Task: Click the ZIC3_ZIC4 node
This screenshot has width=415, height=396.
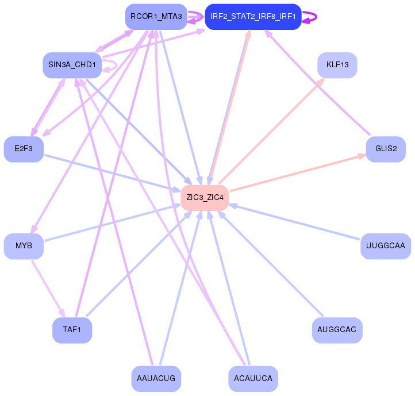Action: [x=205, y=197]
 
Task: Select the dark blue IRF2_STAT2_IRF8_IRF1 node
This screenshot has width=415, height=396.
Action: [x=253, y=17]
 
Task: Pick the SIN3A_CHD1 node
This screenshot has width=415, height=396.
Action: [x=72, y=65]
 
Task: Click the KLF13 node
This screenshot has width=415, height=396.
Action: [x=337, y=65]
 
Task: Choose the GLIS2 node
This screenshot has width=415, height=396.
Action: [x=386, y=149]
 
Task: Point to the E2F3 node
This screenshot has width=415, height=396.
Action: [x=24, y=149]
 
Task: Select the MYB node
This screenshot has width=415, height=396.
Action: [x=24, y=246]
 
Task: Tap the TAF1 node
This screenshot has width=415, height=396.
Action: [x=72, y=330]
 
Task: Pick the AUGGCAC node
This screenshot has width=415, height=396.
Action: [x=337, y=330]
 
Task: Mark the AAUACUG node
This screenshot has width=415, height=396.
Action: [x=156, y=379]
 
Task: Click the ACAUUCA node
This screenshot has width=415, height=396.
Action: [x=253, y=379]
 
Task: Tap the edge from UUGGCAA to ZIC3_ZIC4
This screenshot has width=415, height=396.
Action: [x=299, y=222]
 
